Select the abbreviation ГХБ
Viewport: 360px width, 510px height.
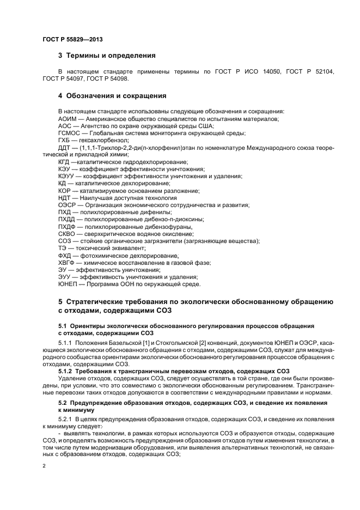(65, 140)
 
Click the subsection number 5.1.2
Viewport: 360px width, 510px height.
(66, 371)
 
